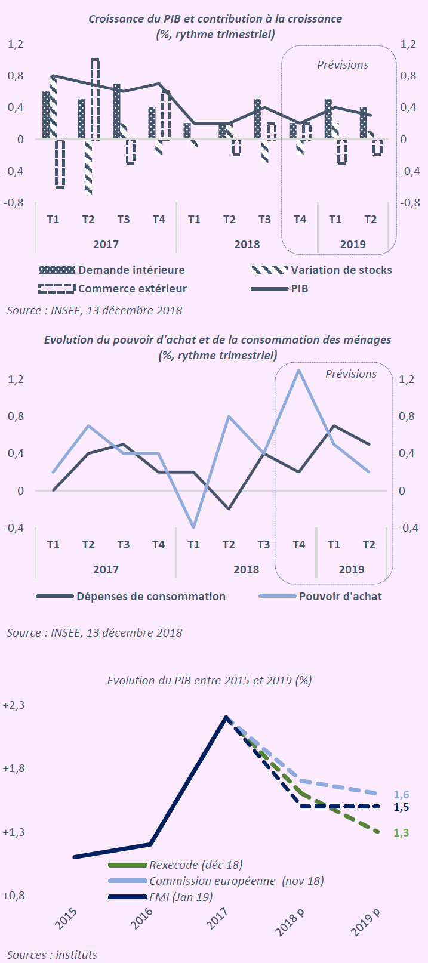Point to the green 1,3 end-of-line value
[x=401, y=832]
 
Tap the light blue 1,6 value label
[x=401, y=795]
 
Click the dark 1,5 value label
[x=401, y=807]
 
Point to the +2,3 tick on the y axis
[x=14, y=705]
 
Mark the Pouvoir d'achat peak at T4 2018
[x=298, y=371]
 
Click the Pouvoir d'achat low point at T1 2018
[x=193, y=527]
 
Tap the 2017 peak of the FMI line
[x=226, y=717]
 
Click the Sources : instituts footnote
[x=52, y=955]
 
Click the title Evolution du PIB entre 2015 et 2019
[x=210, y=680]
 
